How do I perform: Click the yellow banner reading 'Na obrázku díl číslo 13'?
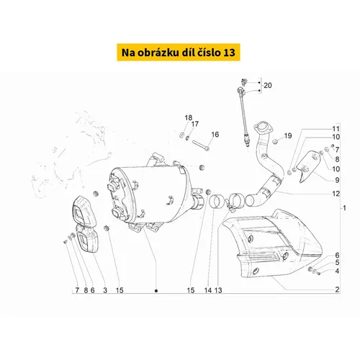pos(179,53)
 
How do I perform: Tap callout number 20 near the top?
pos(268,85)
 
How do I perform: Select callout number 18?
pos(189,117)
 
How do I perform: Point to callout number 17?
pos(195,124)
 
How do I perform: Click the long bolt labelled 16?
pos(201,145)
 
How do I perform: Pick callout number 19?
pos(288,135)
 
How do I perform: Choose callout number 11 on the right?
pos(336,129)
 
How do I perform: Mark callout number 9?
pos(337,180)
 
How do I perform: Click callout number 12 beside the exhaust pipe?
pos(336,194)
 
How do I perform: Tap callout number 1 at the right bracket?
pos(344,208)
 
